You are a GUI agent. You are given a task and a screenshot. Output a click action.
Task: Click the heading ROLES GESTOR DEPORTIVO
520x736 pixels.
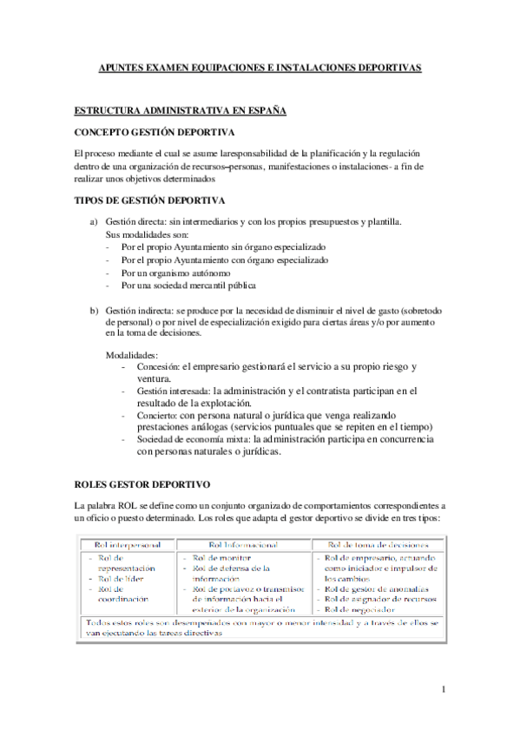click(x=142, y=483)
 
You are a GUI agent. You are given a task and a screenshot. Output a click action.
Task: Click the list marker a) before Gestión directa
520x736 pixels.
click(x=95, y=222)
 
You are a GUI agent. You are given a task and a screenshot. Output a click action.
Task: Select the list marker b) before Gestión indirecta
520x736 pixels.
click(x=95, y=310)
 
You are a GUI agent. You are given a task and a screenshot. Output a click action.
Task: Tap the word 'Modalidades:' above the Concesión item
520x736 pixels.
click(x=132, y=356)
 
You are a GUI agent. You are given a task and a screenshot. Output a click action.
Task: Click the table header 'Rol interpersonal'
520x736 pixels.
click(x=125, y=544)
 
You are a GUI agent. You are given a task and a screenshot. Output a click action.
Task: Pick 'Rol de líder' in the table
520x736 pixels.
click(x=120, y=578)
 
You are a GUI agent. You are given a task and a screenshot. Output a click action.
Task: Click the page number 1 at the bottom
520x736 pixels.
click(x=443, y=690)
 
